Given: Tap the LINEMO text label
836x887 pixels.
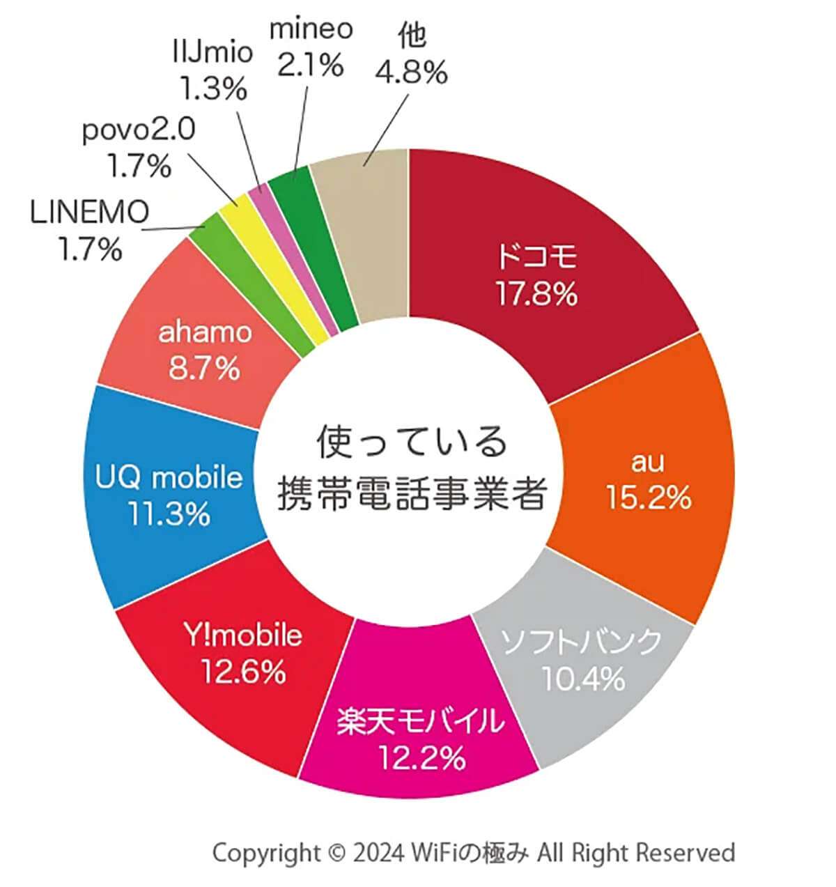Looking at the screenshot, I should [90, 213].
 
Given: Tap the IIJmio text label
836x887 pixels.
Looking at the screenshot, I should [212, 53].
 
